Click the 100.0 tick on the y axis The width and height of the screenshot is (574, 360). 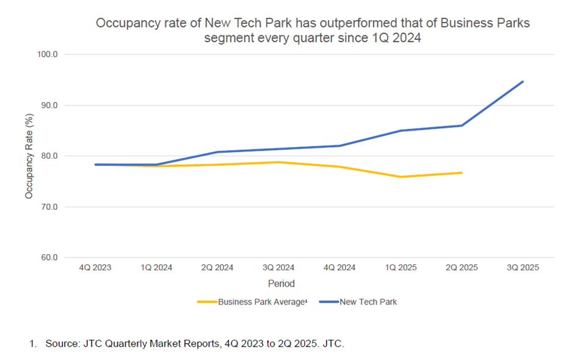48,54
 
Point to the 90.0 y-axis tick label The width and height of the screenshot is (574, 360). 49,105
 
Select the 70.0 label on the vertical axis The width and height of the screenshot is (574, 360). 49,207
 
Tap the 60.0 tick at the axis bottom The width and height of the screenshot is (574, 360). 49,257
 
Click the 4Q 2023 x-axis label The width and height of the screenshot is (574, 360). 95,268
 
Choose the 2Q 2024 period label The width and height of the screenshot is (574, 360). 217,268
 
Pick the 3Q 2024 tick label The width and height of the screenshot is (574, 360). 278,268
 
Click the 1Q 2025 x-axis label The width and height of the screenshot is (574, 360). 401,268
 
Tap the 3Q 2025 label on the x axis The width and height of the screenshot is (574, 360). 523,268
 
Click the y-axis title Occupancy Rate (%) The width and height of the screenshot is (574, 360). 29,156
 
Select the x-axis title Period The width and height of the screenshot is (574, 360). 281,284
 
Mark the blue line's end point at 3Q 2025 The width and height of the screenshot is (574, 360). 523,82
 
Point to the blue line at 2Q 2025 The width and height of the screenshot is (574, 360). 462,126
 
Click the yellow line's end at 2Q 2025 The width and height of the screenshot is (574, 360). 462,173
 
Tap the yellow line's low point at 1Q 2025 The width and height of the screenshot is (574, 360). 401,177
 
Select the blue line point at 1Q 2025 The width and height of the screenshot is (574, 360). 401,131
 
